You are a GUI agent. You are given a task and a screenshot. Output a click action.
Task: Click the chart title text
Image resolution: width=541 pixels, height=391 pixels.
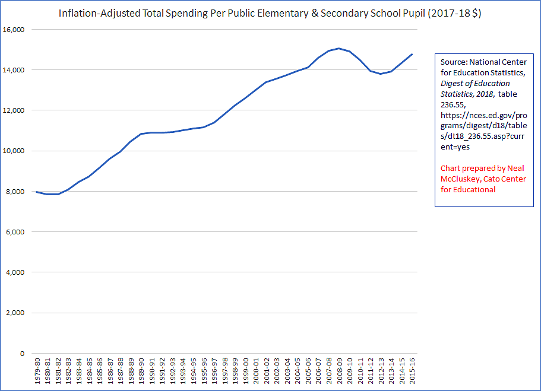click(x=270, y=13)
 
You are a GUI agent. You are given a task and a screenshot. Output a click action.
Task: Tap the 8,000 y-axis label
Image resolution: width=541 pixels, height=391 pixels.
click(x=14, y=192)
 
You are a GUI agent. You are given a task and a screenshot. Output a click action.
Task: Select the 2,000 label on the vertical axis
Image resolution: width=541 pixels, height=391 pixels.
click(x=14, y=313)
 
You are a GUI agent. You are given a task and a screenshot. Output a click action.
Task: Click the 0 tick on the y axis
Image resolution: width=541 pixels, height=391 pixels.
click(x=21, y=354)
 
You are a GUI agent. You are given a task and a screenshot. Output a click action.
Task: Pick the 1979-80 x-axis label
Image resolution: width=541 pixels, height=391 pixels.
click(x=37, y=371)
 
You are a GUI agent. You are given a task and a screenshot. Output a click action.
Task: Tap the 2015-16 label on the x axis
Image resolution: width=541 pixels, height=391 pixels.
click(x=412, y=371)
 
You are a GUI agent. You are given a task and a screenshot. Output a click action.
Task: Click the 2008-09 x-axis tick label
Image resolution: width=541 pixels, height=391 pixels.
click(x=338, y=371)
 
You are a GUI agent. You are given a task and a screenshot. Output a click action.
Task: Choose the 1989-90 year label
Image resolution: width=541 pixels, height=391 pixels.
click(x=141, y=371)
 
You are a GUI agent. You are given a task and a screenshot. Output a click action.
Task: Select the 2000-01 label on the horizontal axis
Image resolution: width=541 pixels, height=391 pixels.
click(x=255, y=371)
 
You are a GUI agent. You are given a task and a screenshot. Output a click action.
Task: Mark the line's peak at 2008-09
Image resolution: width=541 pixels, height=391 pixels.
click(x=338, y=48)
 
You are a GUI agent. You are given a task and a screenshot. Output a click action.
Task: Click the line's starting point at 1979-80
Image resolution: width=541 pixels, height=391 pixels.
click(x=37, y=192)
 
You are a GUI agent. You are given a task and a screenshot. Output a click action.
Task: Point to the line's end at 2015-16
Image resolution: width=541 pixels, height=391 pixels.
click(x=412, y=55)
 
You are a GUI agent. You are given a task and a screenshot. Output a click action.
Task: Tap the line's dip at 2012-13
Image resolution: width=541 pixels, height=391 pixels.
click(x=380, y=74)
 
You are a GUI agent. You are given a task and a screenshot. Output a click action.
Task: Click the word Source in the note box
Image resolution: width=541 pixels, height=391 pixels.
click(x=453, y=62)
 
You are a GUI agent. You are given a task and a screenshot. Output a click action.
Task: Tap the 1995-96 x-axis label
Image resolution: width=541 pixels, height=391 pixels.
click(x=203, y=371)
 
